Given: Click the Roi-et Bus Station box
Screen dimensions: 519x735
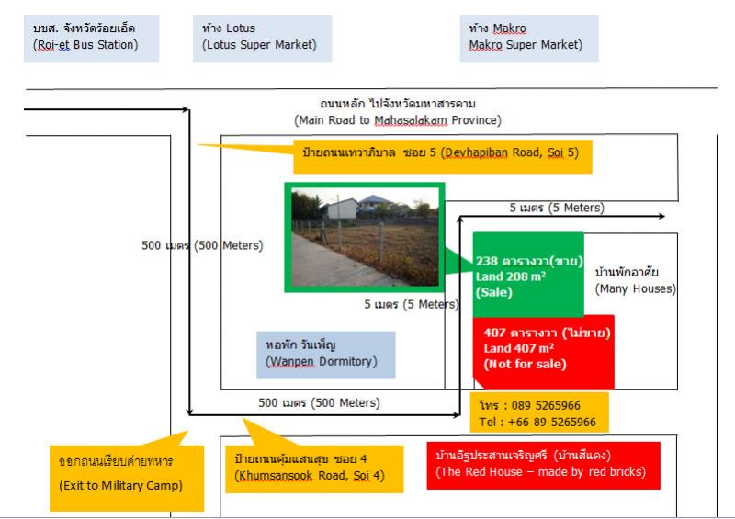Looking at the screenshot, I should pyautogui.click(x=91, y=37).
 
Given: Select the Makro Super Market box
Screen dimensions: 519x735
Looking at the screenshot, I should pyautogui.click(x=528, y=37).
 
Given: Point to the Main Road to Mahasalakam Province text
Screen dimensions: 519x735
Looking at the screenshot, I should pyautogui.click(x=398, y=112).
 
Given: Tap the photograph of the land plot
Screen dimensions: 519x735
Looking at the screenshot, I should pyautogui.click(x=365, y=238).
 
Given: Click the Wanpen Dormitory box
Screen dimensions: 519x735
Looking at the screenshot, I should pyautogui.click(x=325, y=355).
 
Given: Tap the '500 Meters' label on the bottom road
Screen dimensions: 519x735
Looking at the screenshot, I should pyautogui.click(x=319, y=402).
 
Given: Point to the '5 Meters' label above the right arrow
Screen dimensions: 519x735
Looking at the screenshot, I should pyautogui.click(x=556, y=208).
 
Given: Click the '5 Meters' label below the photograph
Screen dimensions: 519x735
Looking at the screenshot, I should pyautogui.click(x=410, y=304).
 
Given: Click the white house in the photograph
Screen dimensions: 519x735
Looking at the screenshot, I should pyautogui.click(x=342, y=209).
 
